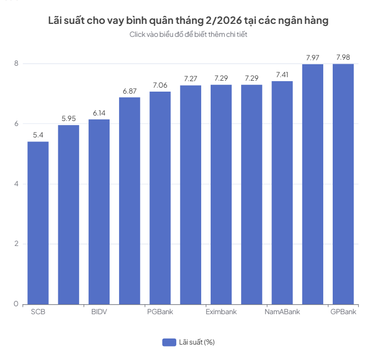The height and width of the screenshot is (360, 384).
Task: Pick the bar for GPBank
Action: (x=343, y=184)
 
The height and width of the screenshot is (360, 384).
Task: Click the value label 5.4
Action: (x=38, y=135)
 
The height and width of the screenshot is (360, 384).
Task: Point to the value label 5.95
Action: (x=69, y=118)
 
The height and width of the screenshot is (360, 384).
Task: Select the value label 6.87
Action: (x=129, y=91)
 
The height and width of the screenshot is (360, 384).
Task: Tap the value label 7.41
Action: (x=282, y=75)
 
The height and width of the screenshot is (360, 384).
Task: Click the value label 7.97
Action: (x=312, y=58)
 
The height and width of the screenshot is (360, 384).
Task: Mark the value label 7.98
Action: (x=343, y=57)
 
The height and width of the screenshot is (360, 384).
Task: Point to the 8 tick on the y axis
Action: (x=16, y=64)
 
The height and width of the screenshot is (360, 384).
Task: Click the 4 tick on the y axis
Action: (x=16, y=184)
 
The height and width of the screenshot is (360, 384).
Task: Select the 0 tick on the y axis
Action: (x=16, y=304)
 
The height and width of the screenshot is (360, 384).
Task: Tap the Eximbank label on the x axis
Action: (x=221, y=313)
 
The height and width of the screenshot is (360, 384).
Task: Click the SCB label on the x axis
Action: (x=38, y=313)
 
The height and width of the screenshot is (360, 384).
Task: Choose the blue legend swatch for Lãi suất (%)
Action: (x=169, y=342)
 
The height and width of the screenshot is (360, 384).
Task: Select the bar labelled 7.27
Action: (x=190, y=194)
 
